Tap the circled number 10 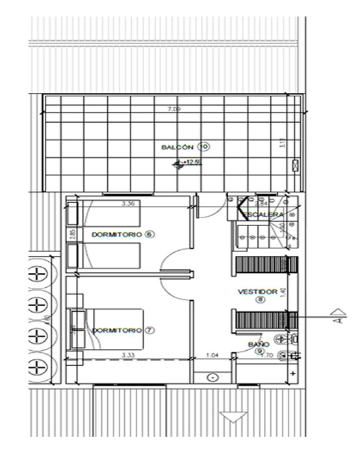pyautogui.click(x=203, y=147)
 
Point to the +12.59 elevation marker pyautogui.click(x=191, y=162)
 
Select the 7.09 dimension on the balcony pyautogui.click(x=174, y=109)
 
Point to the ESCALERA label pyautogui.click(x=264, y=215)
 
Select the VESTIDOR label pyautogui.click(x=258, y=292)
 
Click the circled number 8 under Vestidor pyautogui.click(x=260, y=300)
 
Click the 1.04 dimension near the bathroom pyautogui.click(x=212, y=355)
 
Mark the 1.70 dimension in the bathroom pyautogui.click(x=266, y=355)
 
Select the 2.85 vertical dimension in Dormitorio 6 pyautogui.click(x=73, y=234)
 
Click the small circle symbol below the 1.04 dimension pyautogui.click(x=212, y=377)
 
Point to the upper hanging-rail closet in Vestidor pyautogui.click(x=265, y=265)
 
